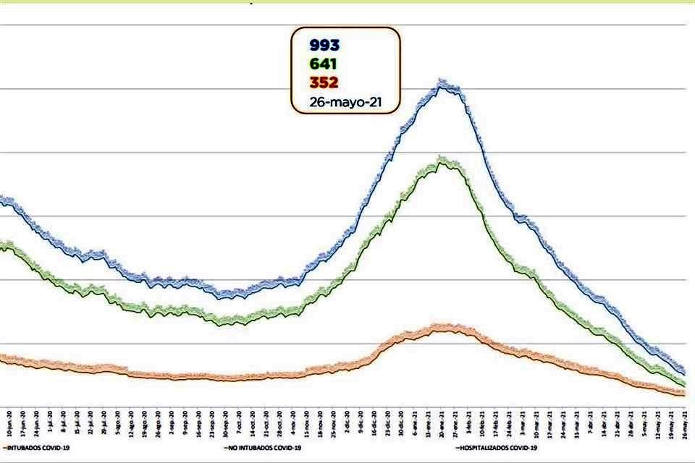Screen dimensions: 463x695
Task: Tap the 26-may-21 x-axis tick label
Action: pos(685,424)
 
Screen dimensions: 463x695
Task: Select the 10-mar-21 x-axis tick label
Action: pos(536,424)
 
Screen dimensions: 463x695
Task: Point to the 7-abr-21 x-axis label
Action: pos(591,424)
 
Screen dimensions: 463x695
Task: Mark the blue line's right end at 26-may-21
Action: pos(684,370)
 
